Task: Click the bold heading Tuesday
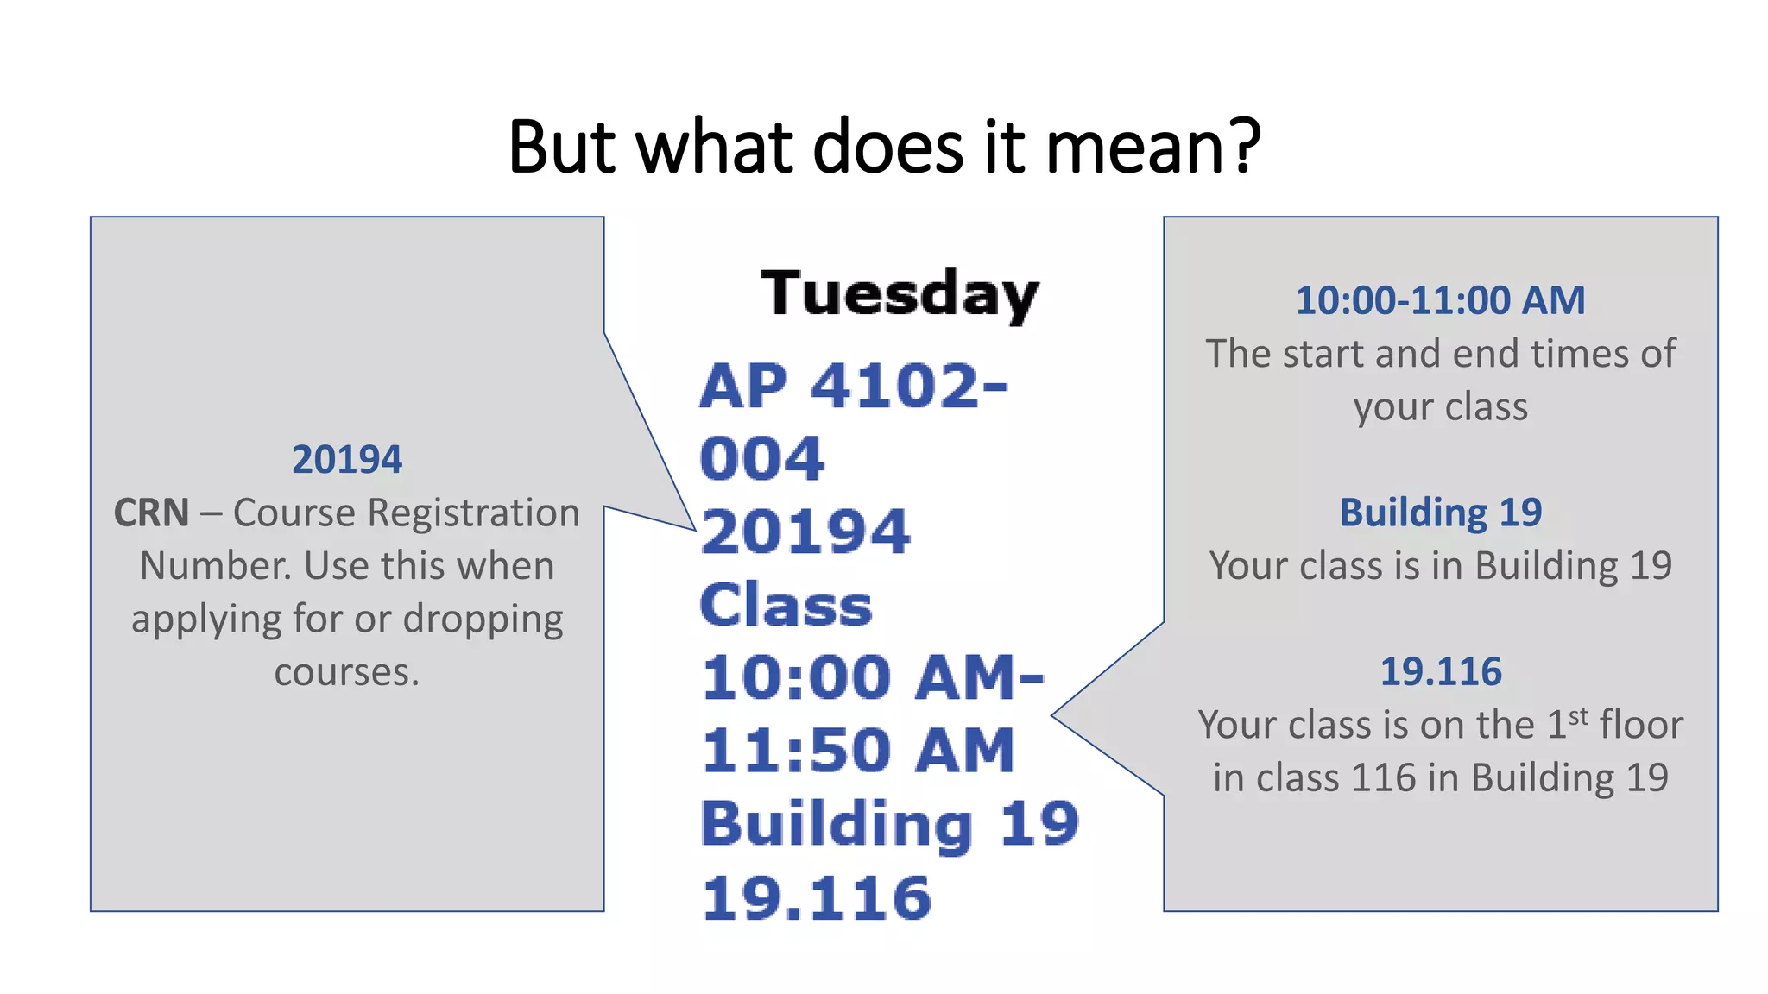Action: (899, 294)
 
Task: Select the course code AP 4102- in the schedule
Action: (853, 386)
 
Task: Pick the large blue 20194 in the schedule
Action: (805, 532)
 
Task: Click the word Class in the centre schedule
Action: (786, 605)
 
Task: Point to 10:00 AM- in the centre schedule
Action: (872, 677)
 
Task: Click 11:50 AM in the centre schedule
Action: (857, 751)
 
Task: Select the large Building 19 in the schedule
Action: (889, 824)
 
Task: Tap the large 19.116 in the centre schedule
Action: (817, 897)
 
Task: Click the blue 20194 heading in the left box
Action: (347, 460)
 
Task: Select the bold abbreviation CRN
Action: (151, 513)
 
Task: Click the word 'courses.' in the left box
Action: (347, 672)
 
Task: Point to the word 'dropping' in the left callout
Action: (483, 620)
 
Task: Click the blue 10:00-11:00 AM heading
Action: (1440, 301)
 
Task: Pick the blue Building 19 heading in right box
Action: (1440, 513)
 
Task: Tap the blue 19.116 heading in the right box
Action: (1440, 672)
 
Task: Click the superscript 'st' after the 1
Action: (1578, 716)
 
